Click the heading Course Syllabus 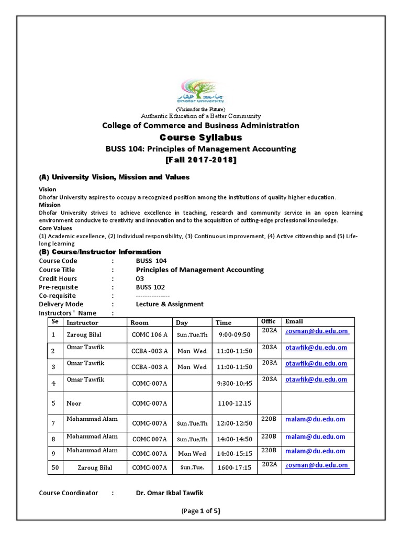pos(201,137)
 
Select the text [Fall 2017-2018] pos(201,160)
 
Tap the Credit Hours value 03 pos(139,278)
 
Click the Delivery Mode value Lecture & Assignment pos(170,304)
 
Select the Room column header pos(140,322)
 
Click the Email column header pos(294,321)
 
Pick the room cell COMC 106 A pos(150,334)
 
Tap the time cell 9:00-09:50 pos(234,334)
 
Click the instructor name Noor pos(74,403)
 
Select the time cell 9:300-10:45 pos(234,383)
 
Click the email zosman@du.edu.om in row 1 pos(316,331)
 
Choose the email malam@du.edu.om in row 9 pos(315,451)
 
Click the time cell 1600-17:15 pos(234,467)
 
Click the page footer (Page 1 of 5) pos(201,511)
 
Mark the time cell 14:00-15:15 pos(234,454)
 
